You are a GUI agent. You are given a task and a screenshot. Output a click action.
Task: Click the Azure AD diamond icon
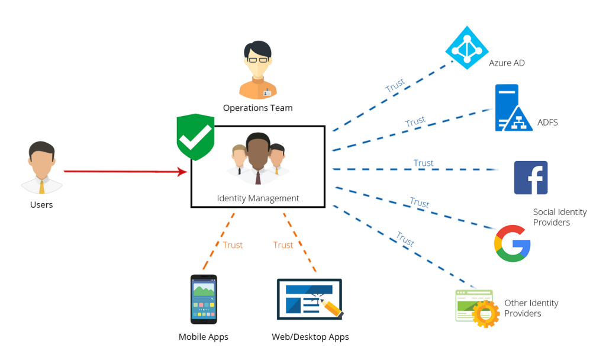[467, 47]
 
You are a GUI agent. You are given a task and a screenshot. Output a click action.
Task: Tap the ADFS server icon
[512, 108]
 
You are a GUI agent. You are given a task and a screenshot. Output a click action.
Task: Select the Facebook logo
[530, 178]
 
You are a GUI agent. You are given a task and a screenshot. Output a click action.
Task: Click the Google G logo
[512, 243]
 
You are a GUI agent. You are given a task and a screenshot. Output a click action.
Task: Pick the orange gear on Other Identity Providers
[485, 314]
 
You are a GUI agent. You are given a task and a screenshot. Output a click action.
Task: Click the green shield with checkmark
[195, 137]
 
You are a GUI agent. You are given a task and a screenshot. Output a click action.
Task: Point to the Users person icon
[41, 168]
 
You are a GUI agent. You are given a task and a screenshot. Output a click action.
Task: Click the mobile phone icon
[203, 299]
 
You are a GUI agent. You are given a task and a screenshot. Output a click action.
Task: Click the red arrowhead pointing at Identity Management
[183, 172]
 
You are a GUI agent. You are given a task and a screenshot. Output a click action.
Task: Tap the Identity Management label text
[258, 198]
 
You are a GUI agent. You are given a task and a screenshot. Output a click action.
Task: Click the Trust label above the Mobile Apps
[233, 245]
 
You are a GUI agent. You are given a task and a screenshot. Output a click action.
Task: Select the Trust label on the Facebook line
[423, 163]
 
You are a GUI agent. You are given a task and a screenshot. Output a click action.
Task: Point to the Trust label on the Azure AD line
[395, 85]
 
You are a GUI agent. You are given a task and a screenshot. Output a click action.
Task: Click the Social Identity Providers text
[559, 217]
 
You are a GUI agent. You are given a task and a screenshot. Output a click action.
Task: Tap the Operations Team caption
[257, 108]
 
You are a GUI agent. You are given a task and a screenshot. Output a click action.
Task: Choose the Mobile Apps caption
[203, 337]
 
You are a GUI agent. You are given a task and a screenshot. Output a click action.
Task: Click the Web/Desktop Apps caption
[310, 337]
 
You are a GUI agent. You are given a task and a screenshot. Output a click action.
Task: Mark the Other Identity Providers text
[531, 308]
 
